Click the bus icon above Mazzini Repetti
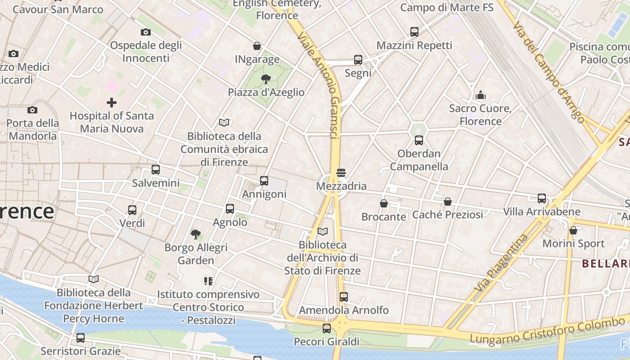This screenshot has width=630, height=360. [x=414, y=32]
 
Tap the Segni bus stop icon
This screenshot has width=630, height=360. [x=358, y=59]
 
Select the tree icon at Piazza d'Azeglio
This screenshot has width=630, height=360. [x=266, y=79]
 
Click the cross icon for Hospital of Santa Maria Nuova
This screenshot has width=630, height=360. [x=111, y=103]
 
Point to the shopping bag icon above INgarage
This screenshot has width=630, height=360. [x=257, y=46]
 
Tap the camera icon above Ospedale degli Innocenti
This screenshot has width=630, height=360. [x=145, y=32]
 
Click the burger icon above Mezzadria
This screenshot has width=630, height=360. [x=341, y=173]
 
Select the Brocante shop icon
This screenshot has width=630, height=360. [x=384, y=203]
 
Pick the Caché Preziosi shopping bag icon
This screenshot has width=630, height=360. [x=447, y=202]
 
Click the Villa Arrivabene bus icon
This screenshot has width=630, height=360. [x=542, y=198]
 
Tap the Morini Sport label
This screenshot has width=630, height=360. [x=573, y=244]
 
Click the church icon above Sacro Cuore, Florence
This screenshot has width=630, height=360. [x=481, y=95]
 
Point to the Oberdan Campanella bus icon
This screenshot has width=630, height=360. [x=419, y=140]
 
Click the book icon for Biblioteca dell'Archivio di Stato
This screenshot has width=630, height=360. [x=323, y=231]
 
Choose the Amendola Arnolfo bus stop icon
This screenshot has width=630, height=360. [x=344, y=297]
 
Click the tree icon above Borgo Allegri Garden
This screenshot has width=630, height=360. [x=196, y=234]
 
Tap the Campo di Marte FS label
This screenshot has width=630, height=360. [x=446, y=8]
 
